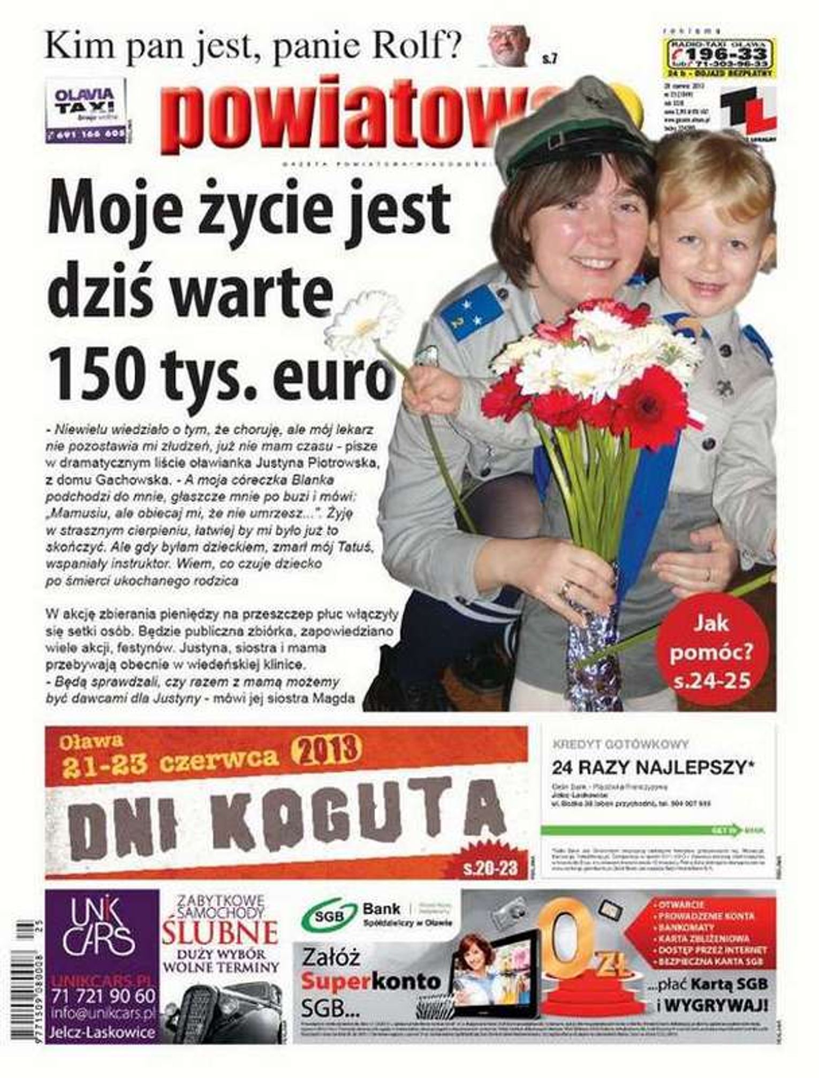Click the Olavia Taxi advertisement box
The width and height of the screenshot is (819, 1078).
(x=87, y=110)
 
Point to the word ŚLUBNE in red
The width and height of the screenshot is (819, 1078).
(x=221, y=949)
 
